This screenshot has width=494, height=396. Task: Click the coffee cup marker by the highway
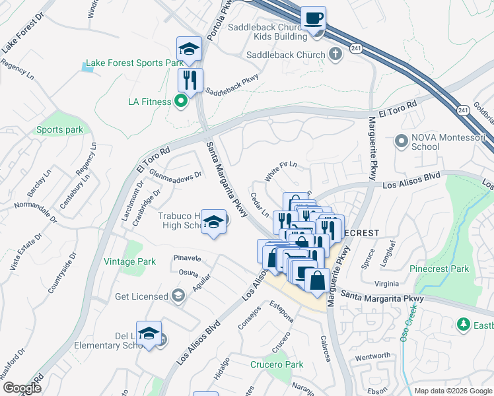click(313, 18)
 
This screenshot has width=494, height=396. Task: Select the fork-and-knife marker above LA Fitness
click(190, 81)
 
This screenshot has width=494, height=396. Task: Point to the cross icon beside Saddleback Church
click(335, 55)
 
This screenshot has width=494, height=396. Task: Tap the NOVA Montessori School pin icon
click(400, 141)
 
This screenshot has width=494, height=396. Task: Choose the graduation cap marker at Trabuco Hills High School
click(213, 222)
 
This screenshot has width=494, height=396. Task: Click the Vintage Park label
click(130, 261)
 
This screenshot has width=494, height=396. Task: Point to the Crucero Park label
click(276, 364)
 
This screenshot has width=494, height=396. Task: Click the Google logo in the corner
click(21, 388)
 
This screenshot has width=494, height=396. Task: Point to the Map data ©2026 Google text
click(453, 391)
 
